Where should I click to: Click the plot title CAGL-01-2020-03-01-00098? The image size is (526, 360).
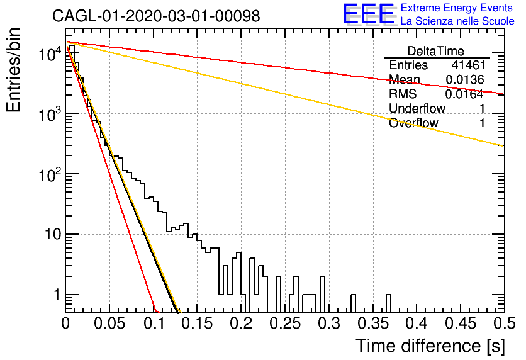[x=156, y=16]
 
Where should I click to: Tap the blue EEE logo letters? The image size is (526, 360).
[x=368, y=14]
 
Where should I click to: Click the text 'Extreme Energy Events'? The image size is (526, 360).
[x=457, y=8]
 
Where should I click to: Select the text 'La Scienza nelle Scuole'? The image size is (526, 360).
[x=457, y=21]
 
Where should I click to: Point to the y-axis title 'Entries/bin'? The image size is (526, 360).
[x=13, y=70]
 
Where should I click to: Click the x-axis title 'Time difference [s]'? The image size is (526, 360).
[x=430, y=346]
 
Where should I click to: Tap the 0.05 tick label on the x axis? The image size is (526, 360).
[x=109, y=323]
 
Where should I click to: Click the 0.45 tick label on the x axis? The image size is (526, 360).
[x=462, y=323]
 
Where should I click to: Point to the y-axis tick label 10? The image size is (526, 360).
[x=53, y=234]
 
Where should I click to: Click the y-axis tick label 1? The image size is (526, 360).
[x=57, y=295]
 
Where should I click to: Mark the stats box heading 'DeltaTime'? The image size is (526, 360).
[x=436, y=51]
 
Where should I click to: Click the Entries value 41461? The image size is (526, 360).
[x=468, y=65]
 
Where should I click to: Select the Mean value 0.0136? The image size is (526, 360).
[x=465, y=79]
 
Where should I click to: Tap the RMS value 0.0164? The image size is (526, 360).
[x=464, y=94]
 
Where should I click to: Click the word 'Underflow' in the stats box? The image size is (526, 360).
[x=417, y=108]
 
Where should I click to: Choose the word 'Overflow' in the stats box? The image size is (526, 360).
[x=413, y=123]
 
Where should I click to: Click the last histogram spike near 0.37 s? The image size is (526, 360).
[x=388, y=303]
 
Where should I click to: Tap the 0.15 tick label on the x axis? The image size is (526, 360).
[x=198, y=323]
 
